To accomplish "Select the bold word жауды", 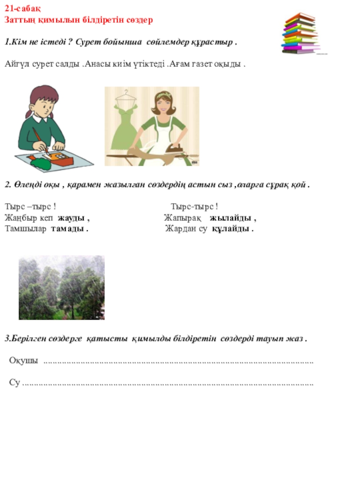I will pyautogui.click(x=72, y=218).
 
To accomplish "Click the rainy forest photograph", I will pyautogui.click(x=62, y=287).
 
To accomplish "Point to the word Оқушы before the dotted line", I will pyautogui.click(x=24, y=361).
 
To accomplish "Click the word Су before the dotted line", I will pyautogui.click(x=14, y=383).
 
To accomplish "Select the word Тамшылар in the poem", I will pyautogui.click(x=26, y=229).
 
